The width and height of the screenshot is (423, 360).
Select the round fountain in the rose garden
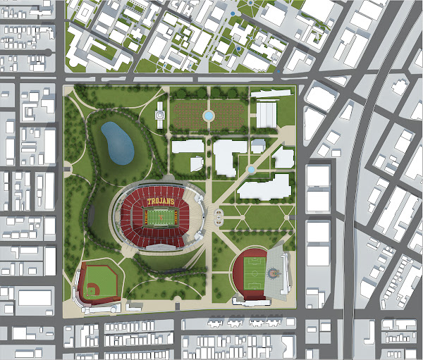pyautogui.click(x=208, y=114)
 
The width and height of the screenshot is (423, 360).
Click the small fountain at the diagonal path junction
pyautogui.click(x=252, y=169)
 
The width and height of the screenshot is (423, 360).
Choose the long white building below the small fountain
pyautogui.click(x=264, y=187)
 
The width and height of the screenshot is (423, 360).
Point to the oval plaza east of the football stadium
pyautogui.click(x=219, y=216)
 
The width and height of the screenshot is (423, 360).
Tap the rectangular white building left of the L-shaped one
pyautogui.click(x=187, y=147)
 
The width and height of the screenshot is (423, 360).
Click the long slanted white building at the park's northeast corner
pyautogui.click(x=271, y=93)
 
